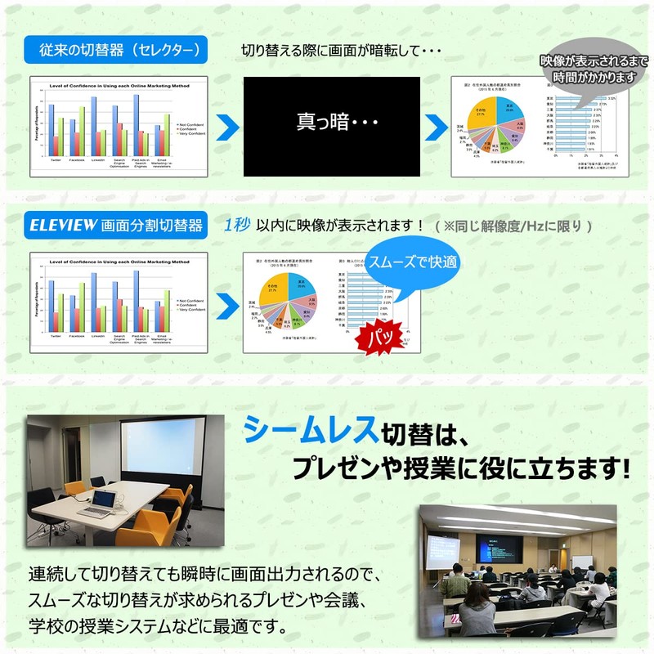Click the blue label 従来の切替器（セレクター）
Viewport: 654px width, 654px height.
click(x=119, y=51)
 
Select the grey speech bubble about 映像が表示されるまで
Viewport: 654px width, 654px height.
click(x=588, y=69)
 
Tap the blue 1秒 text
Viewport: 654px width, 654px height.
click(x=236, y=225)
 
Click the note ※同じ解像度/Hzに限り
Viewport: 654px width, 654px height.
click(x=513, y=226)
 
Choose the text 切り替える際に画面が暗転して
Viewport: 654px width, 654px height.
click(x=341, y=51)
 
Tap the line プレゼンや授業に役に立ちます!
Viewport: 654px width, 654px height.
click(x=462, y=468)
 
